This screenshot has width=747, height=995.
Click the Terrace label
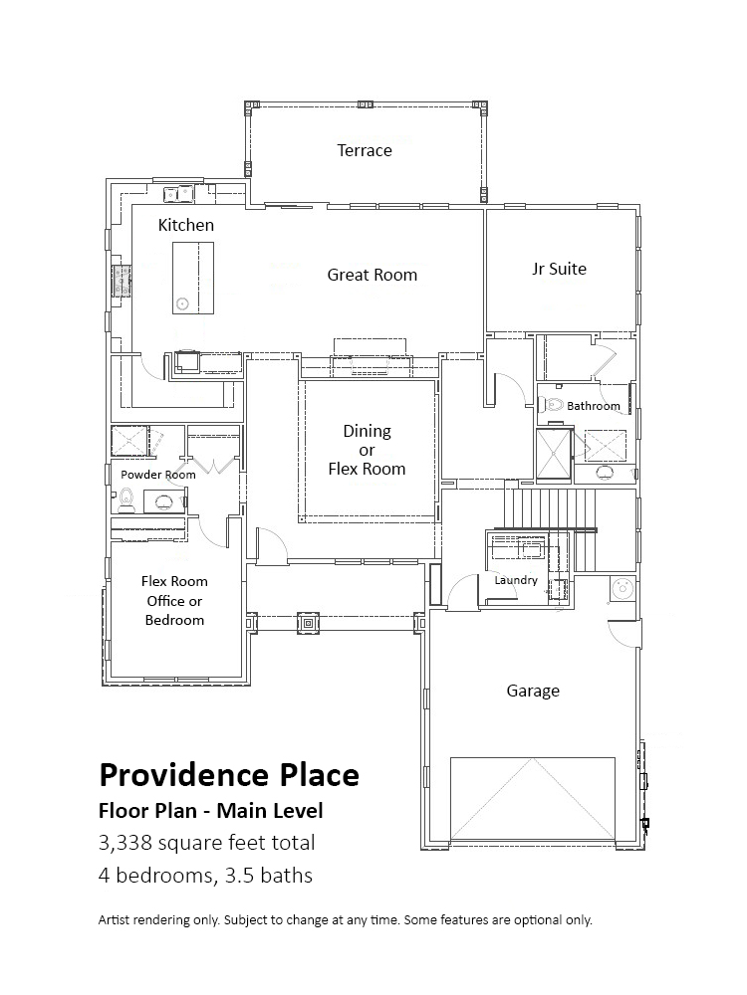point(364,150)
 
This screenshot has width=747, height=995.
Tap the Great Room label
point(373,275)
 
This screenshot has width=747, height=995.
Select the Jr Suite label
point(559,269)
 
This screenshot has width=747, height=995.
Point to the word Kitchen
point(185,225)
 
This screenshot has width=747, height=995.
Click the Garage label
point(533,692)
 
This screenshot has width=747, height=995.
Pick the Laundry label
point(516,580)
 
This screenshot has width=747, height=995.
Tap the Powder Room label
point(158,475)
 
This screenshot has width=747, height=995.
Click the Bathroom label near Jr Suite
point(594,406)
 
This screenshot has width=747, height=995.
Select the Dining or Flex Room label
point(367,450)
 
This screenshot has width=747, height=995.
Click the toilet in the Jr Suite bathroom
point(552,404)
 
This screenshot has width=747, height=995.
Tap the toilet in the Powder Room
point(125,500)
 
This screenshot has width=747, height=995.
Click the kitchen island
point(193,278)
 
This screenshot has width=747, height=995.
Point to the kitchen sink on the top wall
point(178,193)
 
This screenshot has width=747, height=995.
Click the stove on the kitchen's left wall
point(122,280)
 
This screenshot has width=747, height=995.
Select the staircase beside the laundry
point(553,530)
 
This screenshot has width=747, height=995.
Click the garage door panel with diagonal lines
point(532,798)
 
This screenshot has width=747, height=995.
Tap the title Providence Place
point(229,775)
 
